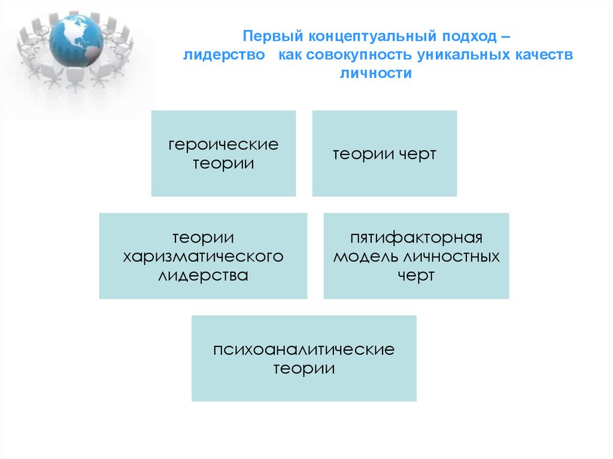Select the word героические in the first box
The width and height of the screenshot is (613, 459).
tap(223, 145)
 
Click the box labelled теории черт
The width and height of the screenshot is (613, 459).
tap(384, 154)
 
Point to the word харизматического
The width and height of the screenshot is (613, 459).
tap(203, 257)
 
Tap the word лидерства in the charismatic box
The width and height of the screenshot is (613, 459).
tap(203, 276)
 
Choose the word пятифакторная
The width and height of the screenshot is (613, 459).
tap(417, 238)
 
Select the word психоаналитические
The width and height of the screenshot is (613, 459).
tap(304, 349)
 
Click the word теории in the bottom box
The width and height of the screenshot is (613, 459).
tap(304, 368)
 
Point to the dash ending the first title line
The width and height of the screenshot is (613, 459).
tap(506, 37)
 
